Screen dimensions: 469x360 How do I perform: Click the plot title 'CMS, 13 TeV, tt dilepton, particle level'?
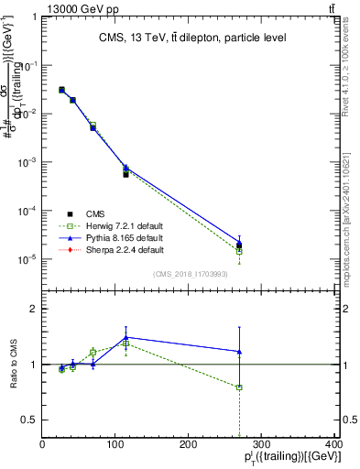click(193, 38)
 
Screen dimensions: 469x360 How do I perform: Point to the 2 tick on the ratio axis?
click(34, 309)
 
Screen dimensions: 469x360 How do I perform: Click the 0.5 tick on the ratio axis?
click(30, 420)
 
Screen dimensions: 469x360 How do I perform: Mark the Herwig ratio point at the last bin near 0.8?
click(239, 387)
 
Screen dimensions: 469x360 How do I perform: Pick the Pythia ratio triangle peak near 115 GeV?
click(125, 337)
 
